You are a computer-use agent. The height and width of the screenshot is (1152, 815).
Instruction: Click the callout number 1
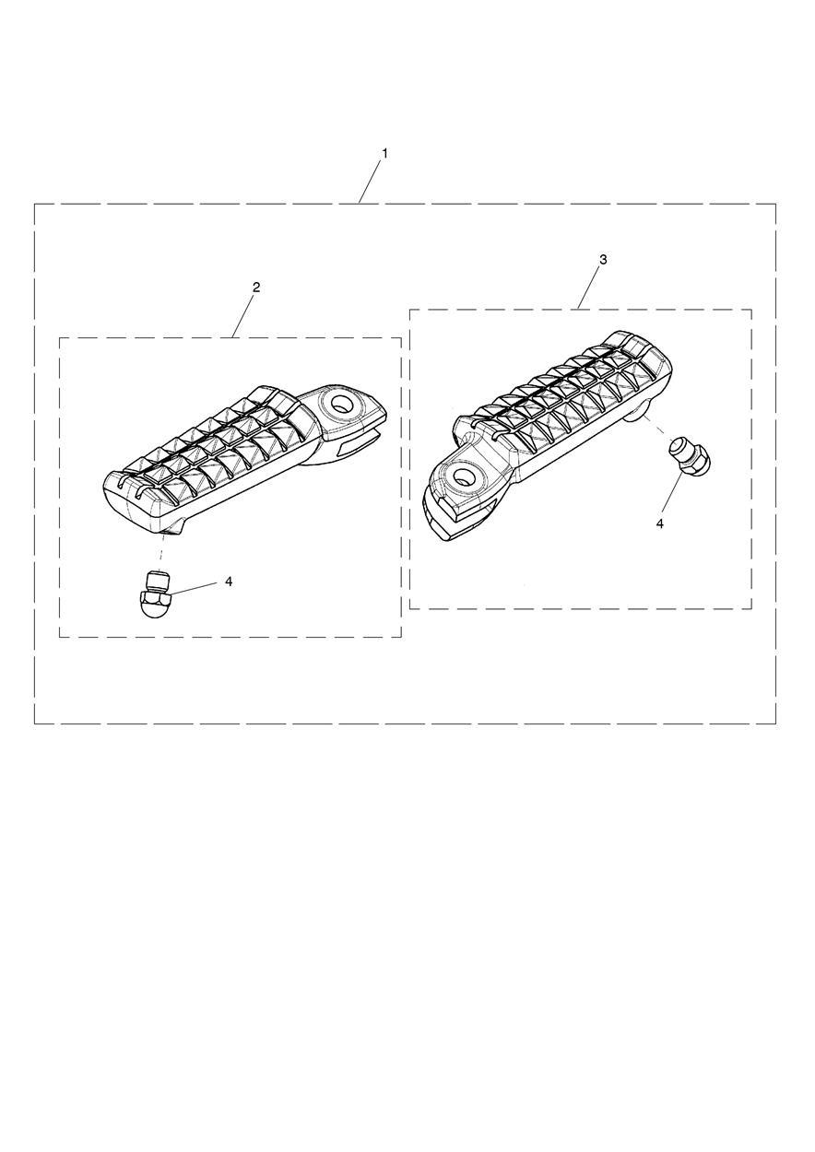point(384,153)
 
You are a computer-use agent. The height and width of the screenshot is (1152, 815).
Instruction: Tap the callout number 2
point(256,287)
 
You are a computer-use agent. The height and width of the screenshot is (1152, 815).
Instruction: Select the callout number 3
point(603,259)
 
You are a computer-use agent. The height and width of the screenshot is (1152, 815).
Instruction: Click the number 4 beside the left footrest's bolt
point(229,582)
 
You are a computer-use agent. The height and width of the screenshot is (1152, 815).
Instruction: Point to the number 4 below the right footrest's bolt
point(659,523)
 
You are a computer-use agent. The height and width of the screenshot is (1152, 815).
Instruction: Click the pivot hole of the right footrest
point(464,476)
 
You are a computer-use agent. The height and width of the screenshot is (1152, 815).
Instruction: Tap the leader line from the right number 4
point(671,495)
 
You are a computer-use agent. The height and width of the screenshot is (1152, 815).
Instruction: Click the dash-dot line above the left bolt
point(162,551)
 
